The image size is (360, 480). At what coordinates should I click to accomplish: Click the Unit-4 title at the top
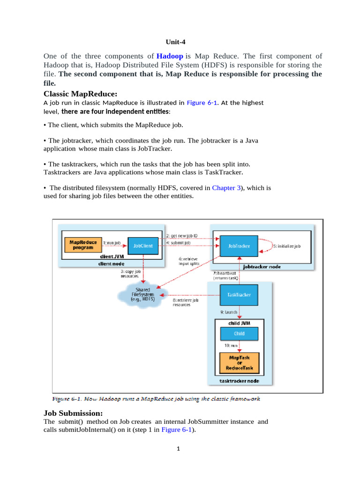180,41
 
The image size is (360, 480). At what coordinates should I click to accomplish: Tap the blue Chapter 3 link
226,187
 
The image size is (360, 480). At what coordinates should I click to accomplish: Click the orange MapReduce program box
83,245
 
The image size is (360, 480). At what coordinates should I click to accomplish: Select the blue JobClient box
143,245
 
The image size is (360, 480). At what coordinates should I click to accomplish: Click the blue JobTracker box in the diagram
239,246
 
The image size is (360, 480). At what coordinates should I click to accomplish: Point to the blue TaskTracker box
239,295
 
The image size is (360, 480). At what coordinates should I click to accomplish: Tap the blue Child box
239,334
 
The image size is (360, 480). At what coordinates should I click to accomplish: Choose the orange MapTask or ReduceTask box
239,362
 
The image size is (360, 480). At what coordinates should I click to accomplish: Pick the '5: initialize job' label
286,246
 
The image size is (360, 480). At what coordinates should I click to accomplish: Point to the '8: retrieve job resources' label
183,302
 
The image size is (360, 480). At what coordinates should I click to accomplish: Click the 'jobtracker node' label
262,266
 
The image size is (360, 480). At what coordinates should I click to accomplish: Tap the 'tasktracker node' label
239,382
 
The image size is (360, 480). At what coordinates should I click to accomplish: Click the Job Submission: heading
73,413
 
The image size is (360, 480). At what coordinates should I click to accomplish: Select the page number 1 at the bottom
179,449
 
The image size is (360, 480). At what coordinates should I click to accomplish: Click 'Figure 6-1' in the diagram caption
65,399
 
